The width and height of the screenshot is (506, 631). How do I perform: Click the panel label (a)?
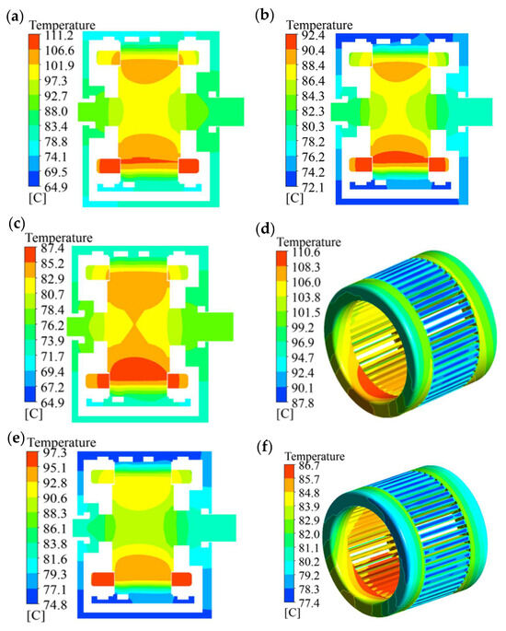(16, 18)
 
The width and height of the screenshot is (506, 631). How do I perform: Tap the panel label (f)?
(265, 448)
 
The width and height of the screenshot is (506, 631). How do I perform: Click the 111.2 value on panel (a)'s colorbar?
(59, 36)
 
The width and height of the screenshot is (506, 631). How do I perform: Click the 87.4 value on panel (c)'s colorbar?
(52, 249)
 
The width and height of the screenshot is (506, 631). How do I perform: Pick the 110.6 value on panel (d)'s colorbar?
(305, 252)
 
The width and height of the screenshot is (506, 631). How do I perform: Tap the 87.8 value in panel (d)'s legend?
(304, 403)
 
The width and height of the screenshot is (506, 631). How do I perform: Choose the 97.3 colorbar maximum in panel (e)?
(55, 452)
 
